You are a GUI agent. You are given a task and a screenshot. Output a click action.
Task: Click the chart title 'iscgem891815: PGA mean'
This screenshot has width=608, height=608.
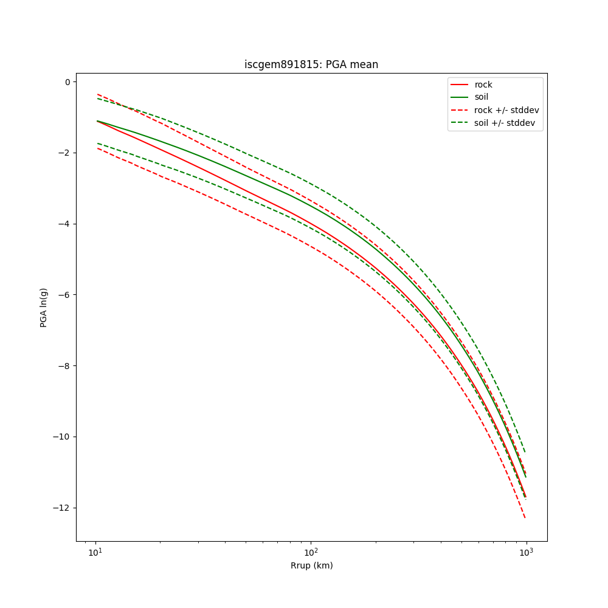[311, 64]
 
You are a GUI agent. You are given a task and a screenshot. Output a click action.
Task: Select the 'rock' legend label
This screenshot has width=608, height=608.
[483, 85]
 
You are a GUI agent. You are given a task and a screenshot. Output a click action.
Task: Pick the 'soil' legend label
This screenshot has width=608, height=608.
[482, 97]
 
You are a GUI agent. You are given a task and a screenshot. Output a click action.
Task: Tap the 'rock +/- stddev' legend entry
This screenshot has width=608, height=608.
[506, 110]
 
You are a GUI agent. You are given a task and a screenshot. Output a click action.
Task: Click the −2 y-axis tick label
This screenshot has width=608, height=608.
[64, 153]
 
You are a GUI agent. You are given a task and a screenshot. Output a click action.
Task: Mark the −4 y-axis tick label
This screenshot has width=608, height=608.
[64, 224]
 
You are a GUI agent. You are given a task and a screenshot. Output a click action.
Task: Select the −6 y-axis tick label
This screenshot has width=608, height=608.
[64, 295]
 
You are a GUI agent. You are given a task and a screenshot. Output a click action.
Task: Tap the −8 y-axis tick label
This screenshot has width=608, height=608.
[64, 366]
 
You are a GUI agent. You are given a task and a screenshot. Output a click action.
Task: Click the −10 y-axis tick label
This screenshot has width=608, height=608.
[62, 437]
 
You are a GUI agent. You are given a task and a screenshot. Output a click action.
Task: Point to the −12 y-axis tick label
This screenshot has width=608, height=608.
[62, 508]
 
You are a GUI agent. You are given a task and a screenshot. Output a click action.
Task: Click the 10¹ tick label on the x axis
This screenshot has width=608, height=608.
[95, 552]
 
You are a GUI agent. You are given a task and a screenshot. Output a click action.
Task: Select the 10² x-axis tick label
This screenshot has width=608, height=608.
[311, 552]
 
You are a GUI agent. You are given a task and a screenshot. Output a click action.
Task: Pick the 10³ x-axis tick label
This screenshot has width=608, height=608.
[526, 552]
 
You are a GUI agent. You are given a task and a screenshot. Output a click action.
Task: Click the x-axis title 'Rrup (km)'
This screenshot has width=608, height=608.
[311, 565]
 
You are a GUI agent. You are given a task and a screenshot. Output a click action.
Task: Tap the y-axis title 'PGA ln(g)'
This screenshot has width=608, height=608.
[44, 308]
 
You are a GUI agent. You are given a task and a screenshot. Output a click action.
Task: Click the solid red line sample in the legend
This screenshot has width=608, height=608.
[459, 85]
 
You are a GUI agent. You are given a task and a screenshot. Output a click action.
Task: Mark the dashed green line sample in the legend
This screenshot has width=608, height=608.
[459, 123]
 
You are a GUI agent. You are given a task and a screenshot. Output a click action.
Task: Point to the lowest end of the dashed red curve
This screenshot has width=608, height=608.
[525, 518]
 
